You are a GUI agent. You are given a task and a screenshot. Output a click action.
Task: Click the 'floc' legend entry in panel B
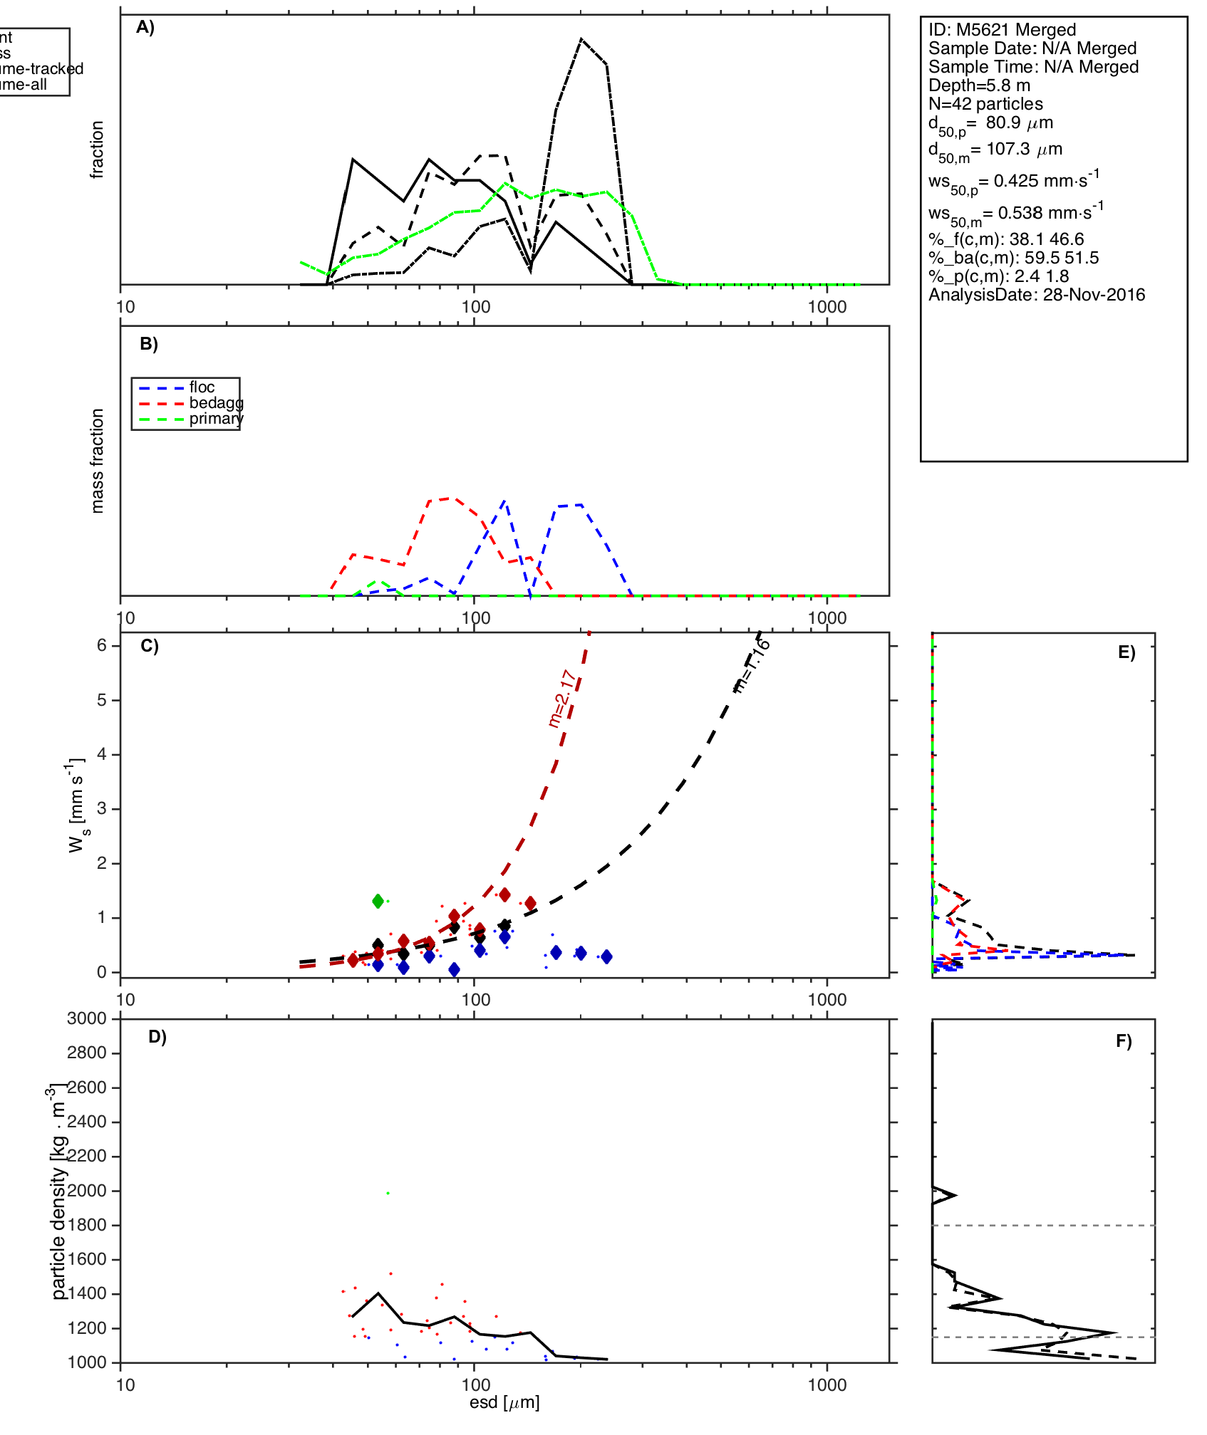202,387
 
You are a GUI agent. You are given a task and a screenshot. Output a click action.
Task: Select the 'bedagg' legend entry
216,403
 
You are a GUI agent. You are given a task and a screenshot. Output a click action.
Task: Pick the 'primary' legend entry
216,419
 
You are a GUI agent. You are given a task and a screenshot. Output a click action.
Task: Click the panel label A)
145,27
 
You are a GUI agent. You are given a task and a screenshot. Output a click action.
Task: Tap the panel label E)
1126,652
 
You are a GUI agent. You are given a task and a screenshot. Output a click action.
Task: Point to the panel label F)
1124,1041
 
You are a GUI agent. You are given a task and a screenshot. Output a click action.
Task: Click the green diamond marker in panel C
378,901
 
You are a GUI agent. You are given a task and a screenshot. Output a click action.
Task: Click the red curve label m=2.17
561,698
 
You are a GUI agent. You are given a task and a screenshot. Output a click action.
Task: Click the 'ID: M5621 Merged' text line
1002,30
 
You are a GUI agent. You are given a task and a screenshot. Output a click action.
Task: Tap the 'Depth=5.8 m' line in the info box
979,85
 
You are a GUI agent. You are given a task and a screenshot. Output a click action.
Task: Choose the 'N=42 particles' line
985,104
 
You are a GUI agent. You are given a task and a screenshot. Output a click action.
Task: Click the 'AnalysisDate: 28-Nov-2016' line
1037,295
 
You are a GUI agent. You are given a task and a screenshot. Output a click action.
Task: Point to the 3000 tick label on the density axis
87,1018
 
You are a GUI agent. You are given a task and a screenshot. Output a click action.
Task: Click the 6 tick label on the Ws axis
103,645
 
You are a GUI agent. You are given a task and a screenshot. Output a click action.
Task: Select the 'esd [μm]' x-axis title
504,1402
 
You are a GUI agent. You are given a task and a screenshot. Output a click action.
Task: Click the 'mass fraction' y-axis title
98,461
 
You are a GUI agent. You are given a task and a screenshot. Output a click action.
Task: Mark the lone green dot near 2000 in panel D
388,1193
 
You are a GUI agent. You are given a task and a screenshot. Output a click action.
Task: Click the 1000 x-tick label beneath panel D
827,1384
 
